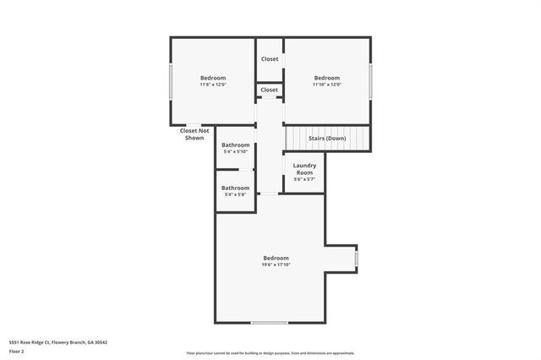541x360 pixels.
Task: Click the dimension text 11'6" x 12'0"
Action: (x=212, y=85)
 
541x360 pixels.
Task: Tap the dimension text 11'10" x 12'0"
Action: (x=326, y=85)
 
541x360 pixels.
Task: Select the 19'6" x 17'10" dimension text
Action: (x=276, y=265)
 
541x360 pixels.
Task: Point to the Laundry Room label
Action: (x=303, y=169)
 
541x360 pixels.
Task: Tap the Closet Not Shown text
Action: (x=194, y=134)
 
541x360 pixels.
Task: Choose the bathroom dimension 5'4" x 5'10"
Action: (x=235, y=152)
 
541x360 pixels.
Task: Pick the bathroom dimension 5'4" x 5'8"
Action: (x=235, y=195)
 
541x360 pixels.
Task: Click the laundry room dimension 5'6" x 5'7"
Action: (x=303, y=179)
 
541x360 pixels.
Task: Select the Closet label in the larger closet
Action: (x=270, y=59)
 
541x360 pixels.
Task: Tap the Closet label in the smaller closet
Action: (x=270, y=90)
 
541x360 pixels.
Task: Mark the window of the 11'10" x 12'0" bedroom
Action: (x=370, y=81)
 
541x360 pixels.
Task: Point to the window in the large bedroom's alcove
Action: (x=356, y=257)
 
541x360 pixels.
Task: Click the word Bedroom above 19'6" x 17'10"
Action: (x=276, y=258)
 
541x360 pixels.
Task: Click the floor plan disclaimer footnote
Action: (x=270, y=353)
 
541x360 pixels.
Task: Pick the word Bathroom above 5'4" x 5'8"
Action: (x=235, y=188)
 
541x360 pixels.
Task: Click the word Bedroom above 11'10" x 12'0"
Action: (x=326, y=78)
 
